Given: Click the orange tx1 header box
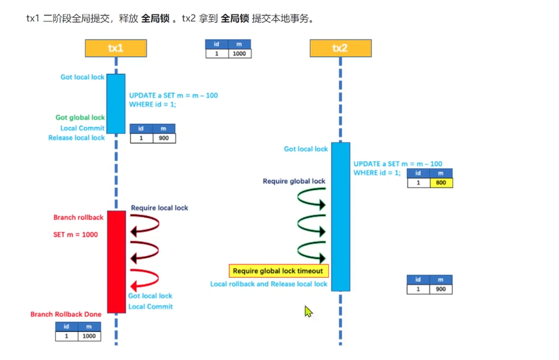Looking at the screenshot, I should (115, 48).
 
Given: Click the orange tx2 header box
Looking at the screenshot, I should (340, 48).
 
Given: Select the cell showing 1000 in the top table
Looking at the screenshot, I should (239, 53).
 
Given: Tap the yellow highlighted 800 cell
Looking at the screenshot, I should (441, 182).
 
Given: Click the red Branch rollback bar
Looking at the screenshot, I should (116, 261).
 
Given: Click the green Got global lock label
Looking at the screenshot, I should (80, 117).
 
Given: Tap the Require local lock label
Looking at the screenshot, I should (159, 208).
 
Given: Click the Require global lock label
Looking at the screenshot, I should (294, 181).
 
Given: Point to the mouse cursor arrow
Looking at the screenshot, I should (308, 311).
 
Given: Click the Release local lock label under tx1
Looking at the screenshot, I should (77, 138).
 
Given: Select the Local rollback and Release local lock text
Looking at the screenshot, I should (269, 284).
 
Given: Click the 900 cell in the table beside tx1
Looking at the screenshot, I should (163, 138).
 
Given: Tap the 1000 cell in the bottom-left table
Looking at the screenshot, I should (89, 336).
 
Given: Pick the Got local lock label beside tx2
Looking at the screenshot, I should (306, 149).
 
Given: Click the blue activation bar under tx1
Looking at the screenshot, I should (116, 103).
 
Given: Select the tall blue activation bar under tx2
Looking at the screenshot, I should (340, 217).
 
